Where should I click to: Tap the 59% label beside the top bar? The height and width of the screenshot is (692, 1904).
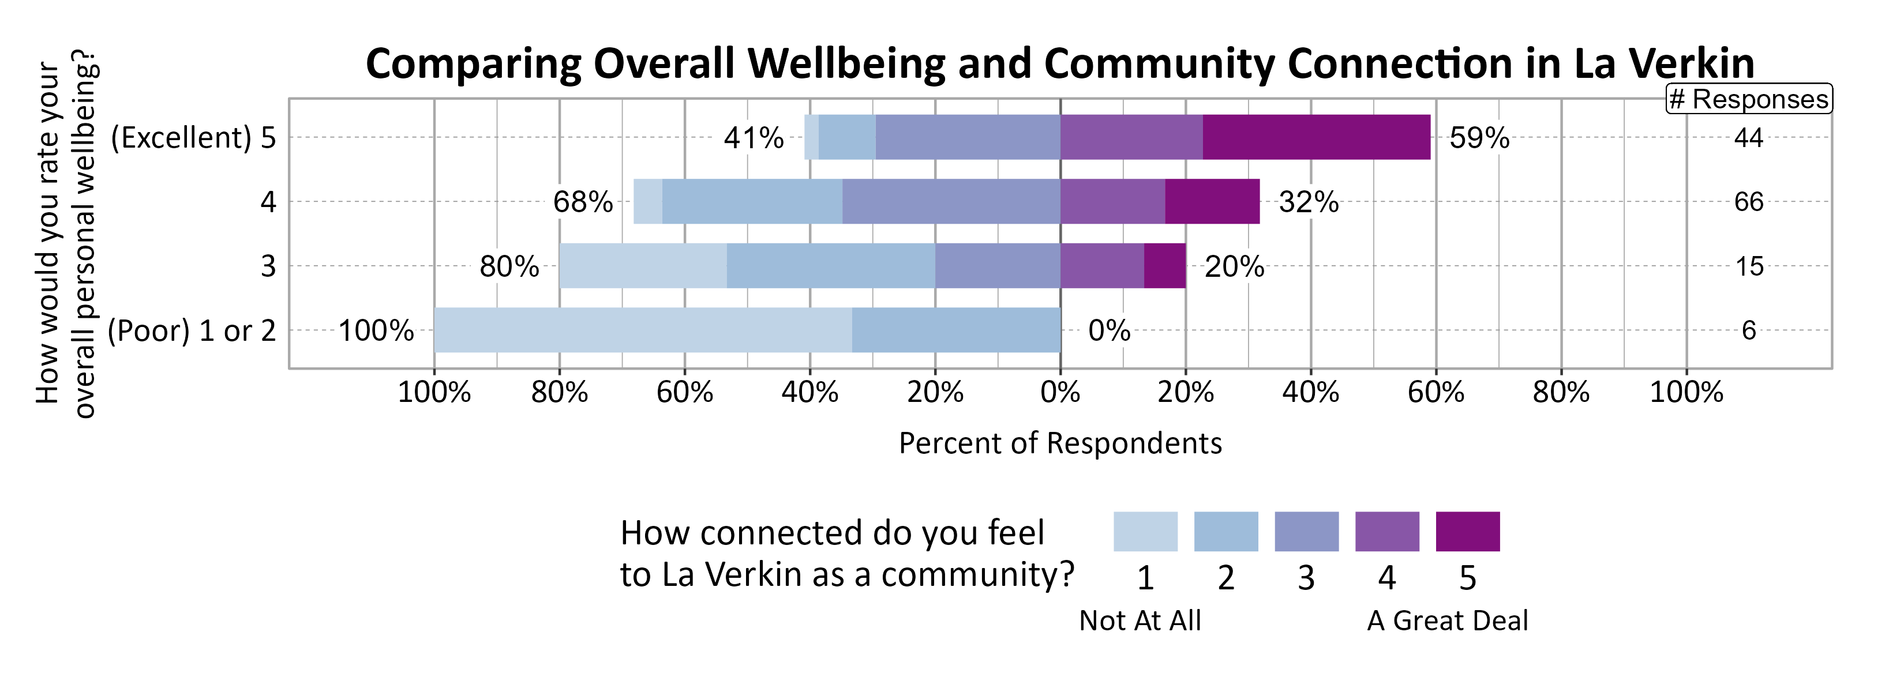[x=1479, y=138]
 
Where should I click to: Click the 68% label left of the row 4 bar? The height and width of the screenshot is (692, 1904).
[x=583, y=202]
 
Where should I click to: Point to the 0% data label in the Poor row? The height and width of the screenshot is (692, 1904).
[x=1109, y=331]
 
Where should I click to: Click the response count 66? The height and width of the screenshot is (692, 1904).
[x=1749, y=202]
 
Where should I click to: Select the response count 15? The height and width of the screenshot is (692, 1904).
[x=1749, y=266]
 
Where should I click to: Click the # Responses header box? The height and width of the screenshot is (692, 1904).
[x=1749, y=99]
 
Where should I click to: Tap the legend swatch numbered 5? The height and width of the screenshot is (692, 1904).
[x=1467, y=531]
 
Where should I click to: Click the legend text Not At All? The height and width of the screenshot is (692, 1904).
[x=1140, y=620]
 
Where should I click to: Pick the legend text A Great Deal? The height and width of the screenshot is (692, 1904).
[x=1447, y=620]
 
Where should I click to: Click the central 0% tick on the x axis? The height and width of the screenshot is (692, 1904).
[x=1060, y=392]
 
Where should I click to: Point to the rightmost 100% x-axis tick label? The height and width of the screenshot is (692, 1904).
[x=1686, y=392]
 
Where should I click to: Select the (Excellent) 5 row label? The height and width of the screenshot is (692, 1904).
[x=193, y=138]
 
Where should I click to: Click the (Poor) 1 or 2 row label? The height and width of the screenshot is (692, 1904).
[x=192, y=331]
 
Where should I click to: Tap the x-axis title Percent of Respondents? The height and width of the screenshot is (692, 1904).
[x=1060, y=443]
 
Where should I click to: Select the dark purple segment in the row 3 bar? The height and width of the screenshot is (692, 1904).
[x=1165, y=266]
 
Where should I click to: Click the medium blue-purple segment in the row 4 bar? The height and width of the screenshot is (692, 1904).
[x=951, y=202]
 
